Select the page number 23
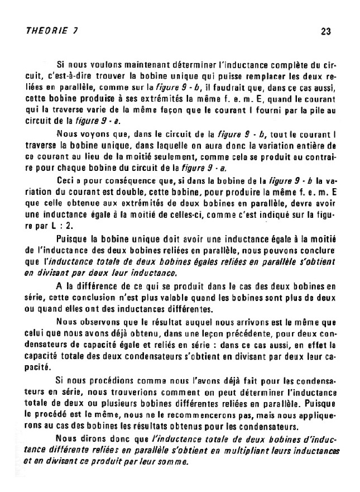(x=327, y=32)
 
